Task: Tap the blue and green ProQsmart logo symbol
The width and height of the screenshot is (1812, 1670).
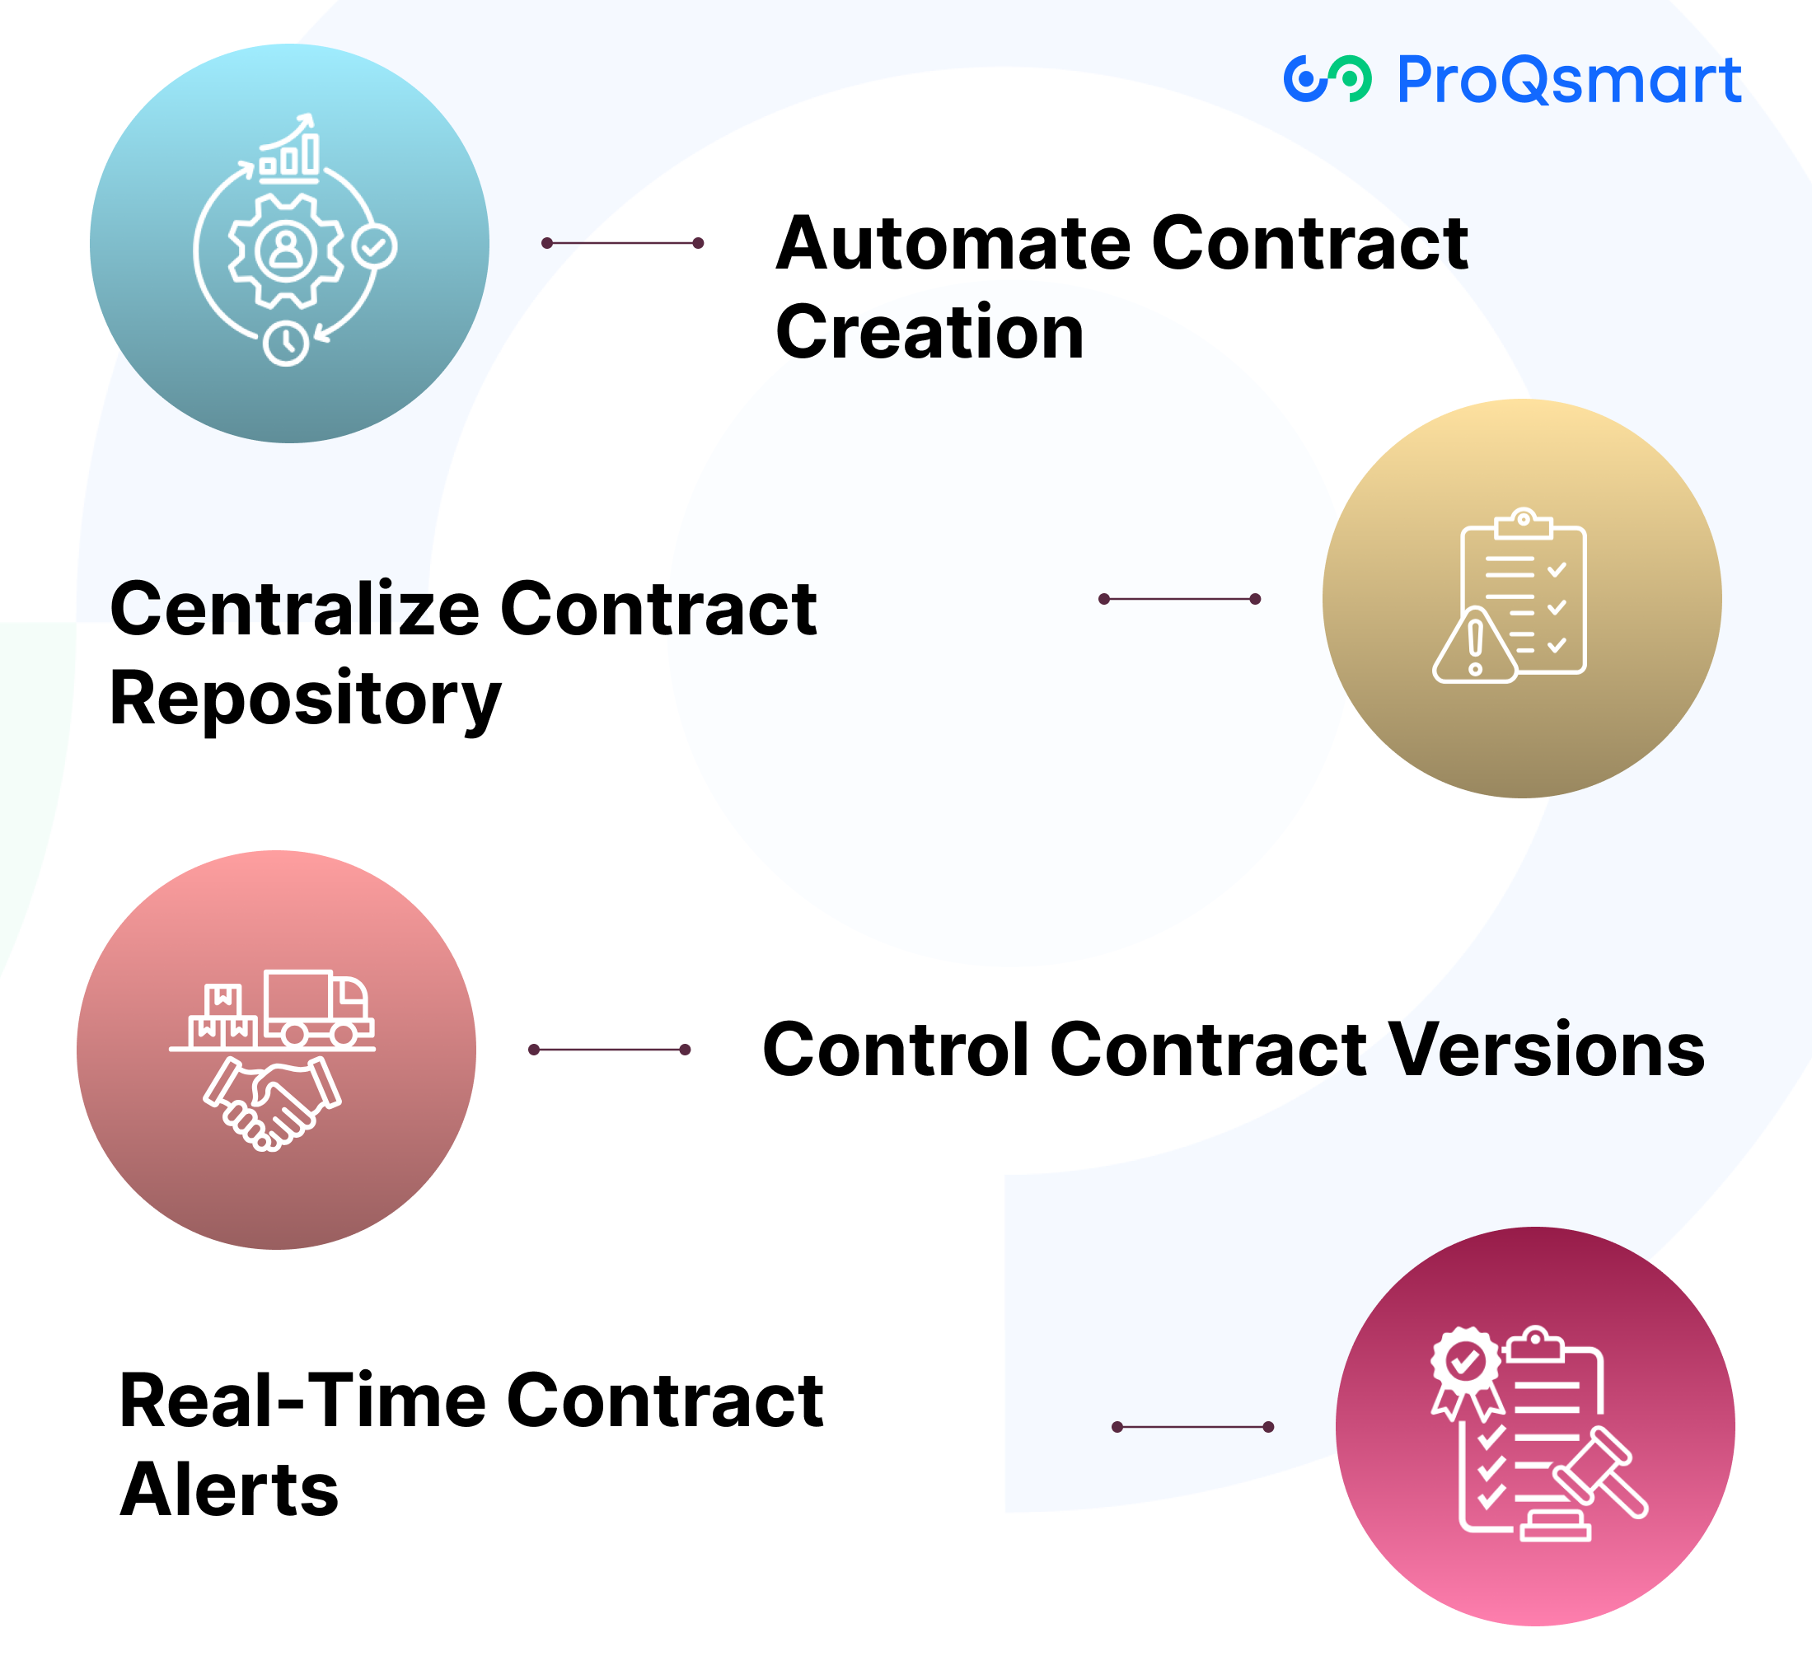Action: click(1327, 80)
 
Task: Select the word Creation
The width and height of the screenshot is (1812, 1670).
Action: click(929, 333)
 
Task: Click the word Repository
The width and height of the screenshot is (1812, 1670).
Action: click(305, 699)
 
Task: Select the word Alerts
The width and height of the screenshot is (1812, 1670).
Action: click(228, 1490)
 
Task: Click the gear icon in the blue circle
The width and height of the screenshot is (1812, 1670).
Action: click(287, 250)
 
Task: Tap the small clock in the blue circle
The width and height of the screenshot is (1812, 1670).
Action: click(287, 343)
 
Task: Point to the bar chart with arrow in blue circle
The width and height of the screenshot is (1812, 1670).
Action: click(290, 149)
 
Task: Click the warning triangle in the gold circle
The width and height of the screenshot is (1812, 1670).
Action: click(1475, 647)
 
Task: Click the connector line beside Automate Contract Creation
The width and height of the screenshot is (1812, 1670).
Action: click(622, 243)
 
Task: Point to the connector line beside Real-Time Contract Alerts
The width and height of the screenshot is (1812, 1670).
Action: click(1192, 1427)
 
